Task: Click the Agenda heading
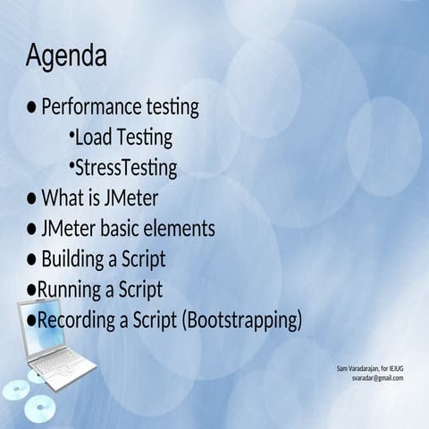66,56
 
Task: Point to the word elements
182,228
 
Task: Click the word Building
75,259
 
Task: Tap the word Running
70,290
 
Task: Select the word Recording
77,319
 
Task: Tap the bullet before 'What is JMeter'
31,198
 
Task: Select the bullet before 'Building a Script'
31,259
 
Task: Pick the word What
60,198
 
